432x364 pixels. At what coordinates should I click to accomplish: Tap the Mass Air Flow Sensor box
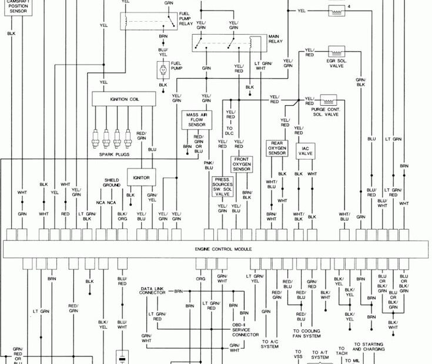(196, 120)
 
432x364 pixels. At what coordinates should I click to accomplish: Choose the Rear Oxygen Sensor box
(277, 149)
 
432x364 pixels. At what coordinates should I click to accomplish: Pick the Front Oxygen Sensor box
(242, 164)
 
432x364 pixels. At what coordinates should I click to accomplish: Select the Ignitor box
(141, 177)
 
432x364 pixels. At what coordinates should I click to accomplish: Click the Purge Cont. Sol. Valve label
(325, 112)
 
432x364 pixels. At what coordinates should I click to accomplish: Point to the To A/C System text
(270, 343)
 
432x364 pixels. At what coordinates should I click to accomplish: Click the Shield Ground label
(112, 183)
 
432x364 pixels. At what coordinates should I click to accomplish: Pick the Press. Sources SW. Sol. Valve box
(222, 187)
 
